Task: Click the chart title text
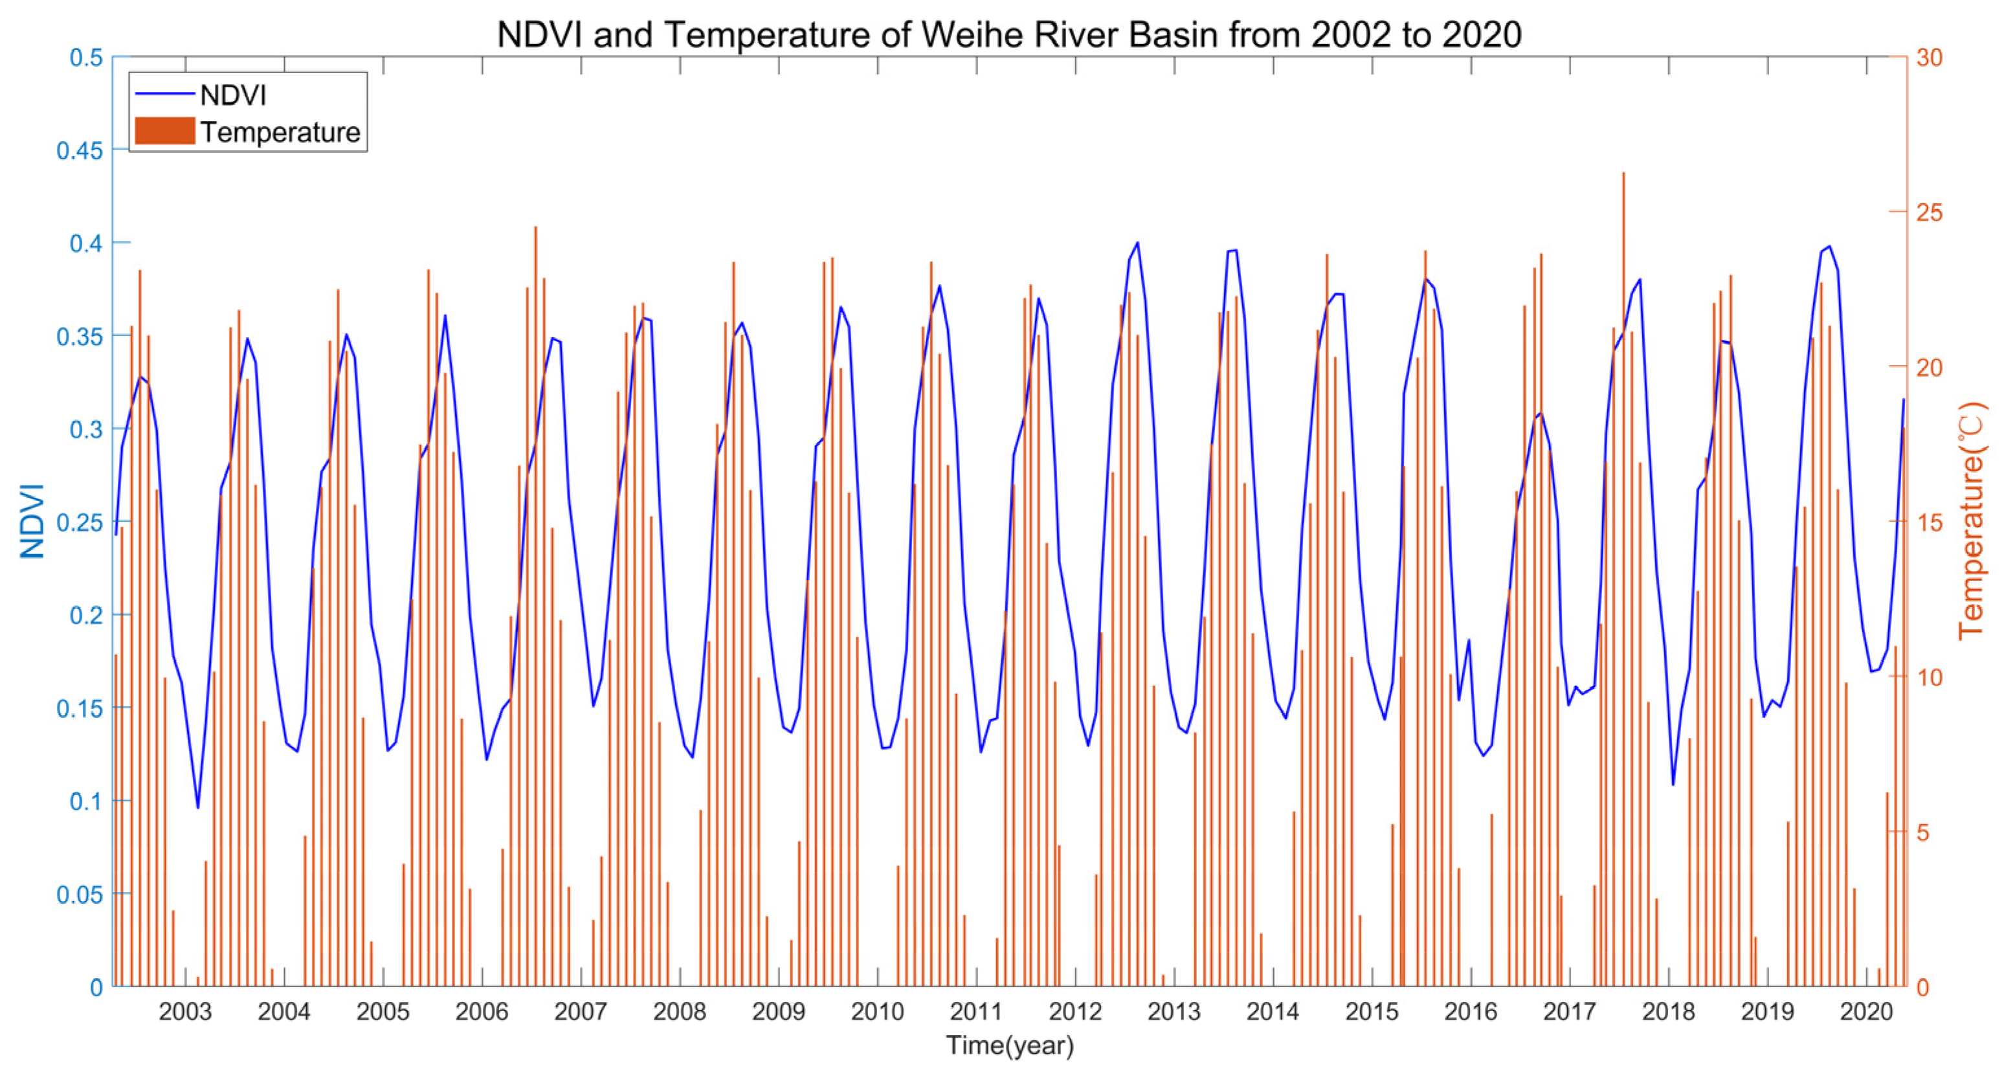[1009, 35]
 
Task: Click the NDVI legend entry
[233, 95]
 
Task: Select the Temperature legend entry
[280, 132]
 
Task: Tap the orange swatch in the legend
[164, 131]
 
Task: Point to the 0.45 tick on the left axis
[80, 150]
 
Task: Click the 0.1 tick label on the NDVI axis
[85, 801]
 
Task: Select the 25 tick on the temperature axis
[1930, 212]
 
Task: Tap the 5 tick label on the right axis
[1923, 832]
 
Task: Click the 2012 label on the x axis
[1075, 1011]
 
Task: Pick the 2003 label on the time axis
[184, 1011]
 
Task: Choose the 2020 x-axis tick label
[1866, 1011]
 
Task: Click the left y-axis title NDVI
[33, 521]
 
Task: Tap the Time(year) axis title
[1009, 1045]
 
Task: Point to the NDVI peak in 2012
[1137, 243]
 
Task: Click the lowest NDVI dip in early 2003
[198, 807]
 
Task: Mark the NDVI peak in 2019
[1829, 247]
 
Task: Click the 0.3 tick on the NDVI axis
[85, 429]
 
